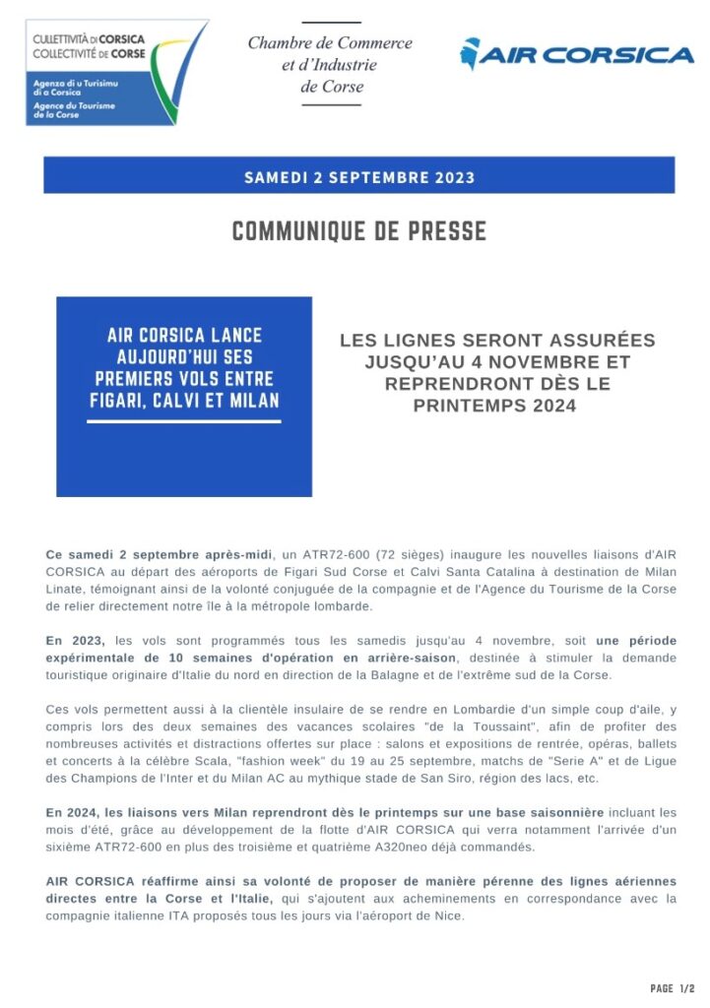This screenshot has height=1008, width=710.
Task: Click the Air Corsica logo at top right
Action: coord(577,53)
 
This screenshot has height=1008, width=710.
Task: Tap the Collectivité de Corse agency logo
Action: coord(117,71)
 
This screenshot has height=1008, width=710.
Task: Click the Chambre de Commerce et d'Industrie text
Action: coord(330,65)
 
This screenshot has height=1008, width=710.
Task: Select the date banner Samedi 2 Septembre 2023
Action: coord(358,177)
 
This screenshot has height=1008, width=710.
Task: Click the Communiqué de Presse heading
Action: coord(358,231)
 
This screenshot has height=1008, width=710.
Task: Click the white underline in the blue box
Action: coord(184,421)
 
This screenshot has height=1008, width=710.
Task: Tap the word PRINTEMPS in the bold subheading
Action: coord(455,404)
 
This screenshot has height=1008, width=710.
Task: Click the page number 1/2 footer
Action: coord(673,988)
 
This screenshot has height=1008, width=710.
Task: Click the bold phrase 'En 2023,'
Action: coord(75,641)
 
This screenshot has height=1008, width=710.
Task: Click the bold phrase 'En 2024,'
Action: coord(75,812)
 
